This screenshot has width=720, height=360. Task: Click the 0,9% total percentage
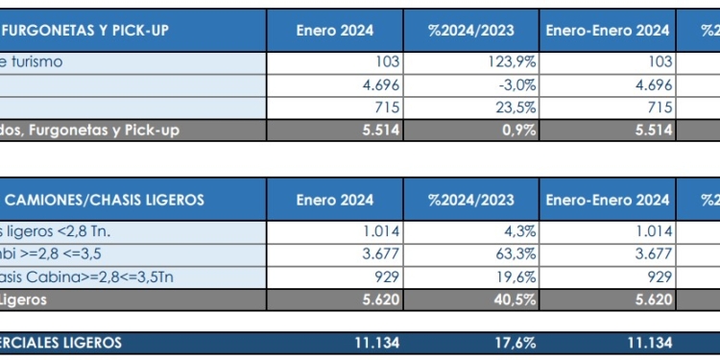(x=518, y=130)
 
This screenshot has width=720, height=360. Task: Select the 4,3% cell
(x=518, y=231)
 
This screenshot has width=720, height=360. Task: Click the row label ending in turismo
(x=33, y=61)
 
